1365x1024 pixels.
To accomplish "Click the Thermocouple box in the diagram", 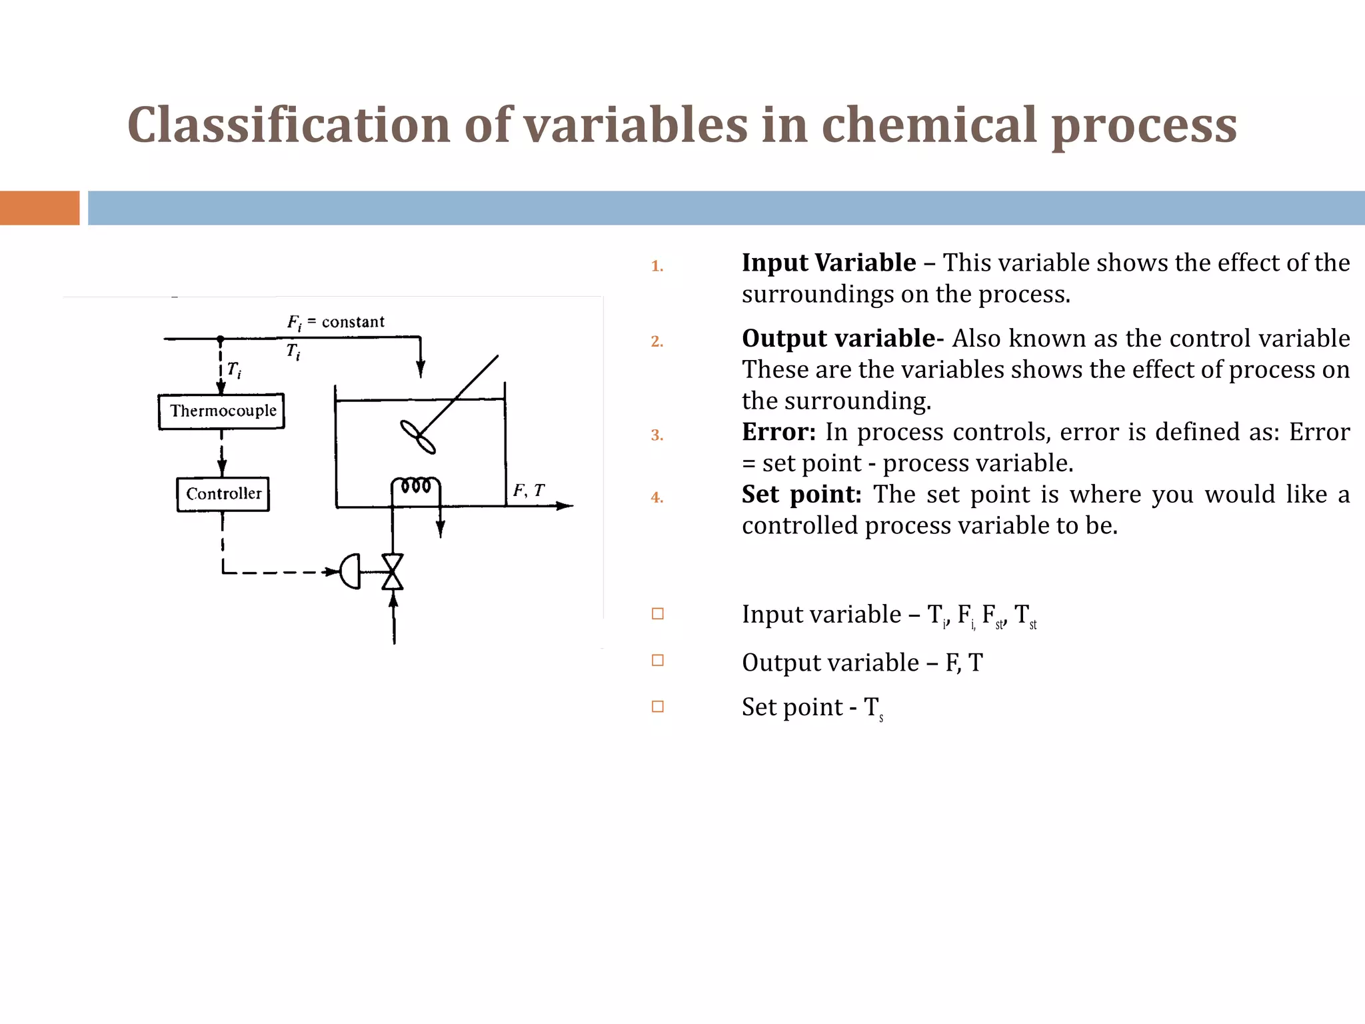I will pos(222,411).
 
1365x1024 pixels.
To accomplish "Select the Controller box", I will pos(223,494).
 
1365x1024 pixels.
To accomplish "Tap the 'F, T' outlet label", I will pos(529,491).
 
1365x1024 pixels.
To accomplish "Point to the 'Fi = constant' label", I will pos(336,323).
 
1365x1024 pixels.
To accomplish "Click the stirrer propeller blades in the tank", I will pos(418,437).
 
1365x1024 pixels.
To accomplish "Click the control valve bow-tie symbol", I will pos(392,572).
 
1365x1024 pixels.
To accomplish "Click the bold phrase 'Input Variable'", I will pos(828,263).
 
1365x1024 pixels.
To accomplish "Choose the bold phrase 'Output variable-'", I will pos(842,339).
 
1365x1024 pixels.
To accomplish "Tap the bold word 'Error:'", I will pos(778,432).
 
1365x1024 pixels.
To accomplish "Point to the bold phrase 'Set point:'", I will pos(802,495).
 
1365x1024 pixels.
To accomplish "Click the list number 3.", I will pos(657,435).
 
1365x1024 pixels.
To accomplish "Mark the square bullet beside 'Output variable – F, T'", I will pos(658,661).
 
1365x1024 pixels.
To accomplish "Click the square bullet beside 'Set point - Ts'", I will pos(658,707).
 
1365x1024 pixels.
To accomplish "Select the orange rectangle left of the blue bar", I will pos(39,208).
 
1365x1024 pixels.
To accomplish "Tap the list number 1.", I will pos(657,266).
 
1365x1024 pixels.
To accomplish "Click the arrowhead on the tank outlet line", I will pos(565,506).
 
